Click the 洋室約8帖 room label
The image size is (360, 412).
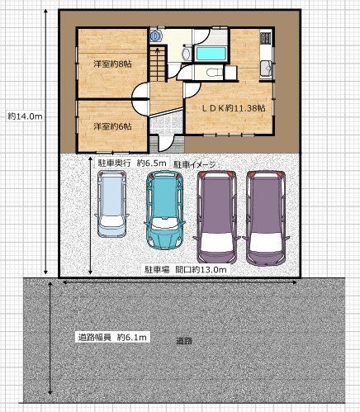pyautogui.click(x=112, y=64)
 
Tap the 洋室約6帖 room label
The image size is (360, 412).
pyautogui.click(x=112, y=126)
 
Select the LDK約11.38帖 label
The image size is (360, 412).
pyautogui.click(x=234, y=108)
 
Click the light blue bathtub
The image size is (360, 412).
pyautogui.click(x=211, y=54)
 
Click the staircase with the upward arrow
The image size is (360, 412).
pyautogui.click(x=158, y=64)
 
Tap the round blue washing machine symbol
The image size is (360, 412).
pyautogui.click(x=156, y=36)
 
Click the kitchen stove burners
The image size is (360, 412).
pyautogui.click(x=266, y=38)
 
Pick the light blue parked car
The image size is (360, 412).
pyautogui.click(x=111, y=204)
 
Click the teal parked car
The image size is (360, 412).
pyautogui.click(x=164, y=210)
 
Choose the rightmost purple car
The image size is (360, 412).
pyautogui.click(x=266, y=218)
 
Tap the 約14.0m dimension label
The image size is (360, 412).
pyautogui.click(x=25, y=116)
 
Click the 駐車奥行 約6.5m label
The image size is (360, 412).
pyautogui.click(x=131, y=163)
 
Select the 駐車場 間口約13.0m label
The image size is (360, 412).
pyautogui.click(x=186, y=269)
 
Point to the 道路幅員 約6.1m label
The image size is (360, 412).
pyautogui.click(x=112, y=337)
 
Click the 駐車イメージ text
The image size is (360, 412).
pyautogui.click(x=195, y=165)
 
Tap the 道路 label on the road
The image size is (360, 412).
pyautogui.click(x=184, y=341)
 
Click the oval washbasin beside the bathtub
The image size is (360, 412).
pyautogui.click(x=187, y=54)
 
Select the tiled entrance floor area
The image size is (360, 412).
pyautogui.click(x=166, y=124)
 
